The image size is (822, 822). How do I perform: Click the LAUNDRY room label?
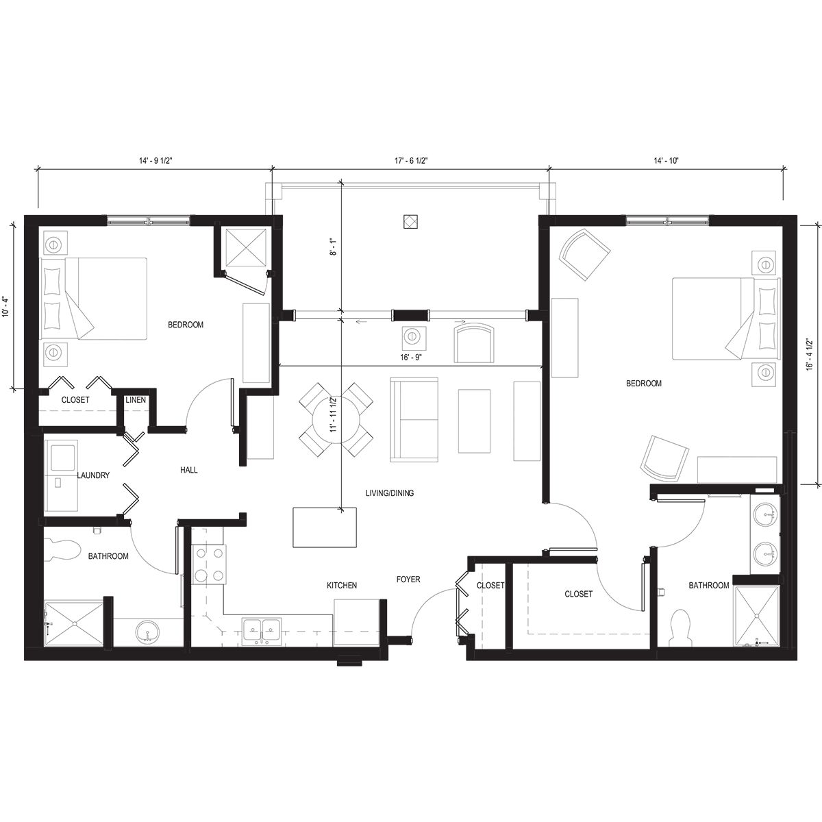tap(93, 475)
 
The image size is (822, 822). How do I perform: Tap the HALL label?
tap(189, 470)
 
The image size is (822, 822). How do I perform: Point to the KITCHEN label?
tap(342, 586)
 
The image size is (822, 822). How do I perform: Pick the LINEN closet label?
tap(134, 400)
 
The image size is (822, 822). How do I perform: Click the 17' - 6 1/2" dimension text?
tap(411, 161)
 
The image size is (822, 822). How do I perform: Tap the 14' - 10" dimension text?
tap(665, 161)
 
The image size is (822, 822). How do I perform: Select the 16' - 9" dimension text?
tap(412, 358)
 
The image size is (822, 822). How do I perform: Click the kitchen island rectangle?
tap(325, 527)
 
